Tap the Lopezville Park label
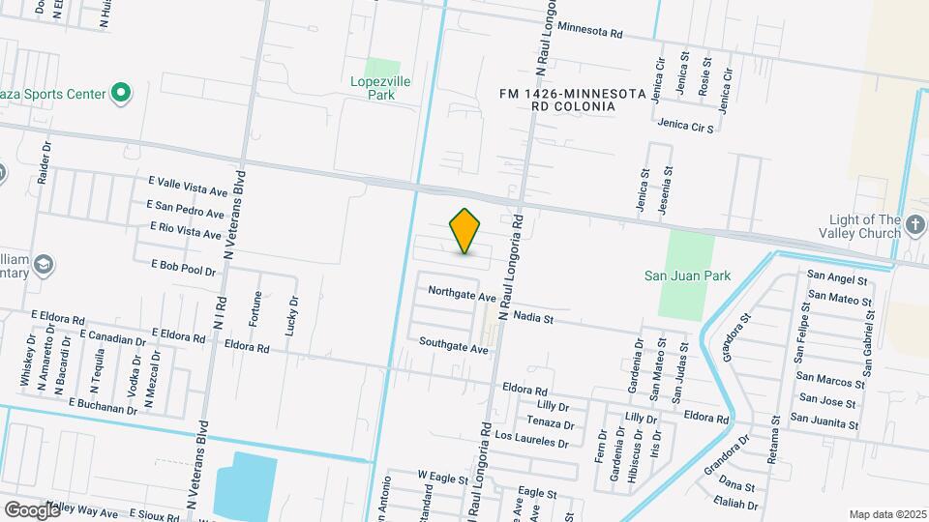pyautogui.click(x=380, y=88)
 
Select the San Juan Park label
pyautogui.click(x=687, y=275)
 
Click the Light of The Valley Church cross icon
pyautogui.click(x=914, y=227)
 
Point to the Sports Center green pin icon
pyautogui.click(x=121, y=94)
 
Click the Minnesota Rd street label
pyautogui.click(x=589, y=31)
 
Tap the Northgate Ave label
pyautogui.click(x=462, y=291)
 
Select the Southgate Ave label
pyautogui.click(x=453, y=343)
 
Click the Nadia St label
pyautogui.click(x=532, y=316)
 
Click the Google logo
pyautogui.click(x=31, y=509)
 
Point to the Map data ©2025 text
pyautogui.click(x=887, y=514)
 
